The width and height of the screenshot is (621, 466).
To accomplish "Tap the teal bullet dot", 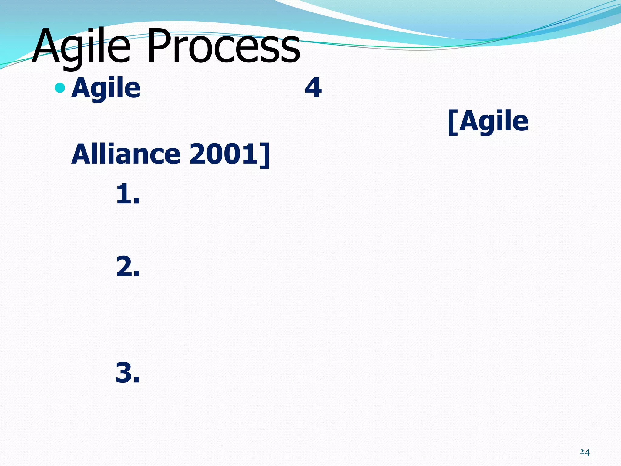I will click(60, 88).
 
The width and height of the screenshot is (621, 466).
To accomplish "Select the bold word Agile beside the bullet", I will click(106, 88).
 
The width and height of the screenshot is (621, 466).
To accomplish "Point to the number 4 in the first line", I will click(313, 88).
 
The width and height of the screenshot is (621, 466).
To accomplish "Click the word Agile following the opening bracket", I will click(494, 121).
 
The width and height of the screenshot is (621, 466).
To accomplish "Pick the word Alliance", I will click(126, 154).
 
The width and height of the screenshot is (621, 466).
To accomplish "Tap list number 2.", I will click(127, 267).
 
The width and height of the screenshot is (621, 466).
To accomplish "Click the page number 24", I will click(584, 452).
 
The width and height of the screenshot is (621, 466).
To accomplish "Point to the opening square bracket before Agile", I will click(453, 122).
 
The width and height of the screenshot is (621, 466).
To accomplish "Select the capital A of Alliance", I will click(81, 154).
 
